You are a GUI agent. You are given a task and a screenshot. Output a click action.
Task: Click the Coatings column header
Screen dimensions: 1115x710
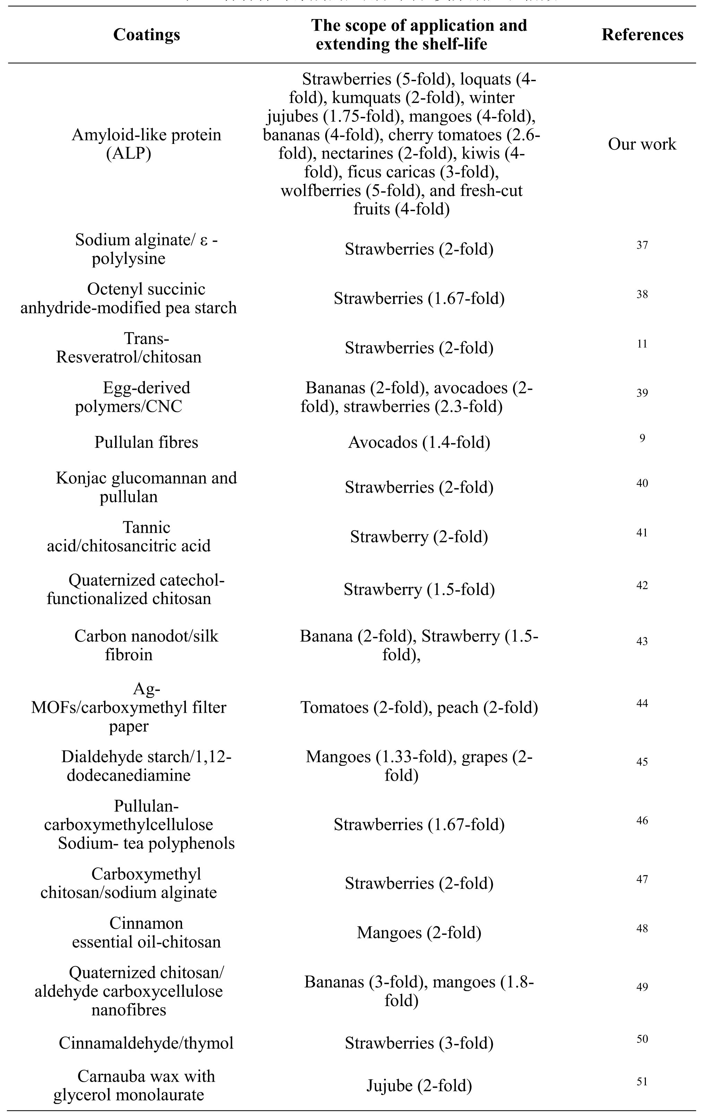[146, 35]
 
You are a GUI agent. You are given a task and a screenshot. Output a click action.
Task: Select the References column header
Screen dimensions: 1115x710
[642, 35]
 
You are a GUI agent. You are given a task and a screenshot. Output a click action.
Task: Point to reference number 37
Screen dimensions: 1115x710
[642, 245]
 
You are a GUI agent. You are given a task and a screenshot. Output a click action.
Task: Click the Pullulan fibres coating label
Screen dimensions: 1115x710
[146, 442]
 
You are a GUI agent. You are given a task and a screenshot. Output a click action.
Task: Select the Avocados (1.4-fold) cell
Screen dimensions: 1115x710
[419, 442]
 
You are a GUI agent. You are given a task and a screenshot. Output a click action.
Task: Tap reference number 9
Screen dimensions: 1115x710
[642, 438]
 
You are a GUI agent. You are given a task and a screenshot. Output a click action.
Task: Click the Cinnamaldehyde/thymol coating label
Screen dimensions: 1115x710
[146, 1043]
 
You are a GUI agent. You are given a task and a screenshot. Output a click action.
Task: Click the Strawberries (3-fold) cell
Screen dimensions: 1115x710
[419, 1043]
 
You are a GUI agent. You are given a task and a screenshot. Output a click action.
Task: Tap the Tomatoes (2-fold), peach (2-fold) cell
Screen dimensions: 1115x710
[419, 707]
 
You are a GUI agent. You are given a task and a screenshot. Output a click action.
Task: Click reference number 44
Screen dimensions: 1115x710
[642, 703]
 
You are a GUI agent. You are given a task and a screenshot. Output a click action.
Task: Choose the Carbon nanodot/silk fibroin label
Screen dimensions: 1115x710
[146, 645]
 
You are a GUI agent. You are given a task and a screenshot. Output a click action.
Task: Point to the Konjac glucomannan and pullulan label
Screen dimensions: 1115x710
[146, 487]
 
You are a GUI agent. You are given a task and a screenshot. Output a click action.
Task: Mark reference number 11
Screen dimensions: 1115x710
[642, 344]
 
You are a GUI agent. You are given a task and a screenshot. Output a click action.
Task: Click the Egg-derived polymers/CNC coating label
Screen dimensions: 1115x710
[146, 397]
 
